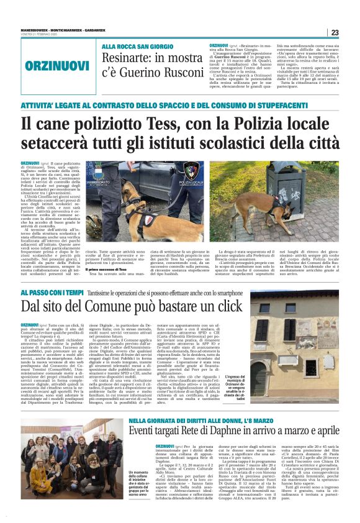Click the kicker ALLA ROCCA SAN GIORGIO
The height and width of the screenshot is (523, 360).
point(138,47)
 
